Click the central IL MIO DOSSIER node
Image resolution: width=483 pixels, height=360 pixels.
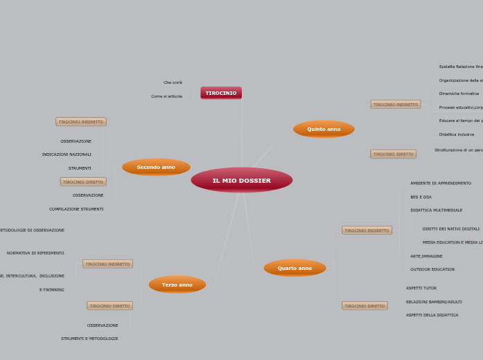241,180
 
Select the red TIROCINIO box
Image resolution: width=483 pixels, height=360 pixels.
221,93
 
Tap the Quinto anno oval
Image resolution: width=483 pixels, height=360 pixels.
324,129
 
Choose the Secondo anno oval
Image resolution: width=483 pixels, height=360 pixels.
156,167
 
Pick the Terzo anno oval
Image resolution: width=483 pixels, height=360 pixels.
177,285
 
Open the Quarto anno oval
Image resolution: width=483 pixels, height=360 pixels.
295,268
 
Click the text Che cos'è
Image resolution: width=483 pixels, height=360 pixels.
173,82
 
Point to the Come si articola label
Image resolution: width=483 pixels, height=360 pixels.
166,96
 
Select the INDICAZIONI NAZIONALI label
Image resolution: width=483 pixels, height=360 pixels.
67,154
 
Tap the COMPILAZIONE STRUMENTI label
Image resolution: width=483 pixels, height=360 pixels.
76,209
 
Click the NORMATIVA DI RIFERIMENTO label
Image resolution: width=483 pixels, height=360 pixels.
35,253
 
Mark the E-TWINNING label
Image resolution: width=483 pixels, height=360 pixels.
52,289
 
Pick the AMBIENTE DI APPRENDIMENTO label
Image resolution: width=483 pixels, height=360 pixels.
441,183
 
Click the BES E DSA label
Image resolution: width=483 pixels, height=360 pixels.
421,197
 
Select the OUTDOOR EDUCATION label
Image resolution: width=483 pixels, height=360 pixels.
432,269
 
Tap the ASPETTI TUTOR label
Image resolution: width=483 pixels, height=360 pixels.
421,288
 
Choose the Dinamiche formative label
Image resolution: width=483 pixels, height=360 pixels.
459,93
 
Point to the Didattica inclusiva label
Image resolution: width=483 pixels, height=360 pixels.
457,134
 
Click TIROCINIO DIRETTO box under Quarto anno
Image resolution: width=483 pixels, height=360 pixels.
365,306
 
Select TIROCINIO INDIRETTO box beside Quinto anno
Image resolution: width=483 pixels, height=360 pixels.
396,105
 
